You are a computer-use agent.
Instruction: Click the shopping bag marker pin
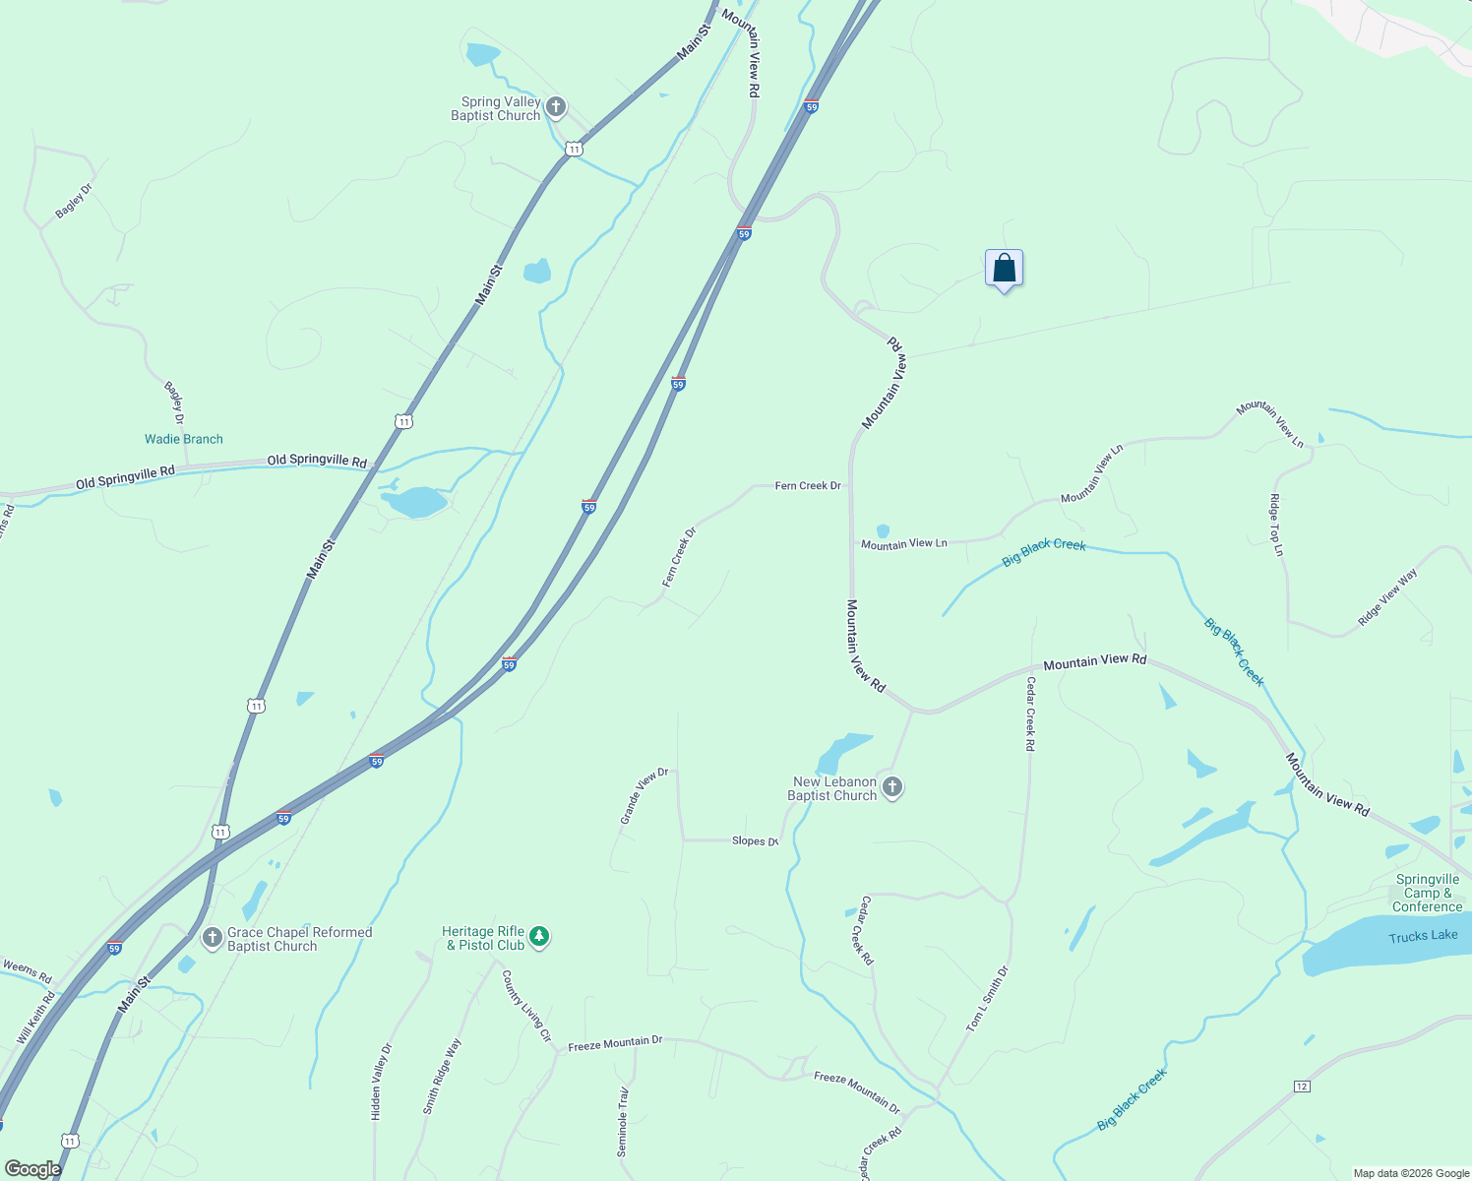coord(1004,268)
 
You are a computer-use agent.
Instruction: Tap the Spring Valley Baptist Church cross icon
coord(556,107)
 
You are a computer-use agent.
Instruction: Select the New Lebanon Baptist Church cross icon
coord(892,787)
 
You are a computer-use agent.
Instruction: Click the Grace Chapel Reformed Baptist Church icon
coord(213,938)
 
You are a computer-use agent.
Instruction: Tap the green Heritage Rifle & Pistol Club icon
coord(538,937)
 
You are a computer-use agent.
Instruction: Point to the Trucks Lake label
coord(1423,936)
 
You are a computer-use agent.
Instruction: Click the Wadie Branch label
coord(184,439)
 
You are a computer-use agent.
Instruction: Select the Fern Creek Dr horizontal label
coord(808,485)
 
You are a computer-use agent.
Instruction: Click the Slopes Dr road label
coord(755,841)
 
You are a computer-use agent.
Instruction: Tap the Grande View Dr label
coord(644,795)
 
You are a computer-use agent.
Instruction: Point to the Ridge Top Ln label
coord(1278,525)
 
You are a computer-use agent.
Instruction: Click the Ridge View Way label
coord(1387,596)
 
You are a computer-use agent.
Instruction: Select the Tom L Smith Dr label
coord(987,999)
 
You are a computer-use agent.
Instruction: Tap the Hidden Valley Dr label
coord(381,1082)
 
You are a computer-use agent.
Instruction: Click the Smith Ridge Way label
coord(442,1076)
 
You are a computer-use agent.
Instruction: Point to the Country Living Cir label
coord(526,1006)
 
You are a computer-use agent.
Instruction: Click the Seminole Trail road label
coord(623,1122)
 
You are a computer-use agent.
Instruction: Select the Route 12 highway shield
coord(1303,1086)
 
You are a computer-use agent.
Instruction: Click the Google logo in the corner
coord(32,1168)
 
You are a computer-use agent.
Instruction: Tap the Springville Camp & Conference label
coord(1428,893)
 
